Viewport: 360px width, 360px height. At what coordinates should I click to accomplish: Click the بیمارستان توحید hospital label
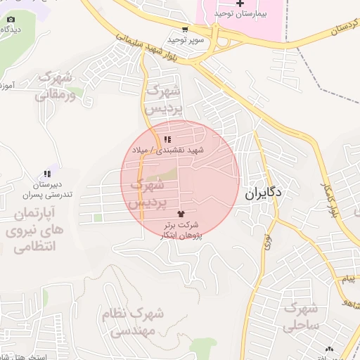click(x=240, y=15)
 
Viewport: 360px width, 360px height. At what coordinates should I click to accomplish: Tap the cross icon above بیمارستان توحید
click(x=240, y=4)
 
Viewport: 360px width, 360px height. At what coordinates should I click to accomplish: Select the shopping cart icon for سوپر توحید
click(x=185, y=30)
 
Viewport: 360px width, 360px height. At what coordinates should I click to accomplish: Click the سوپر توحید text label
click(x=189, y=40)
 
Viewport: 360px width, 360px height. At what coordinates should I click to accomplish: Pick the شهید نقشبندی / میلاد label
click(x=179, y=150)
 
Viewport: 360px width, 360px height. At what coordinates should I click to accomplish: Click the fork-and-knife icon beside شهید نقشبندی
click(x=167, y=139)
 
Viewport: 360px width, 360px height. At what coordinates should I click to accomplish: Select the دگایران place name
click(x=264, y=191)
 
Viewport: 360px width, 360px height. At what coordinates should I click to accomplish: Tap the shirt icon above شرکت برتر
click(x=181, y=210)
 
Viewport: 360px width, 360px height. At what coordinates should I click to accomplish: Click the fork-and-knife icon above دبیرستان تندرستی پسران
click(x=47, y=173)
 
